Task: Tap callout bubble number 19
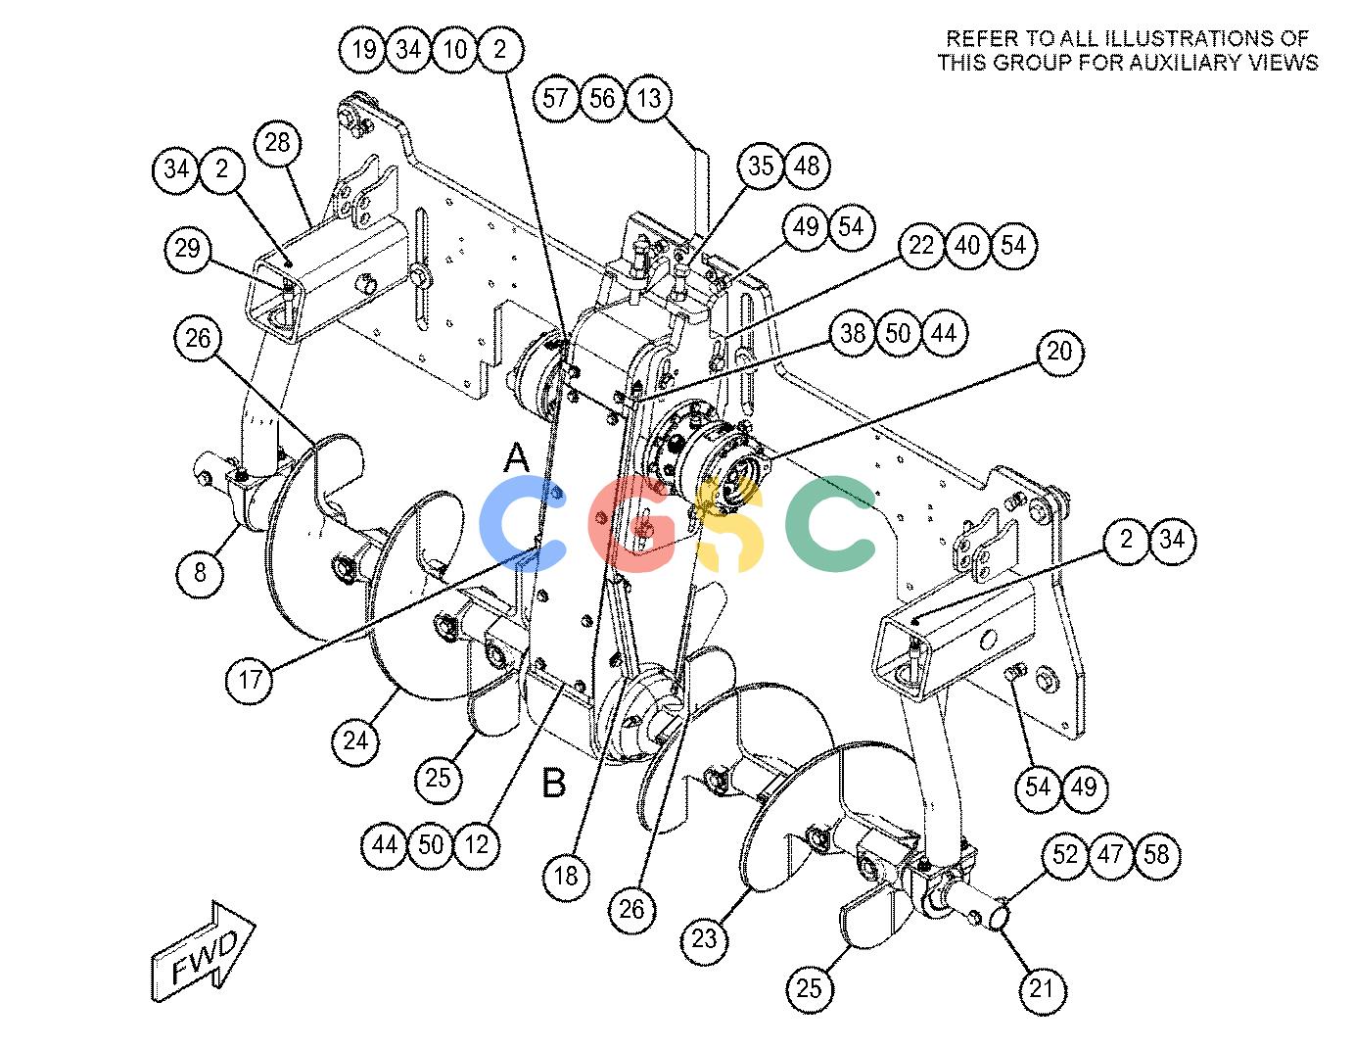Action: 363,49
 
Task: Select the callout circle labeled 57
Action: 556,98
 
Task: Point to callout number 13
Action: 649,98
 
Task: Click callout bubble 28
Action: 278,143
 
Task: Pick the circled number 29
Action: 187,249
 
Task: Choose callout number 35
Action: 761,166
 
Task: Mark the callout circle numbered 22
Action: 921,246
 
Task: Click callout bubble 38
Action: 853,333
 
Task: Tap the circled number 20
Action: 1059,352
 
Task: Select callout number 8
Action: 200,572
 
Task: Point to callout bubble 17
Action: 250,679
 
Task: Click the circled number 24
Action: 355,740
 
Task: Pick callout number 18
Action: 566,877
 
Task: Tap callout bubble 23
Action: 704,938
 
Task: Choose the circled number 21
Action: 1042,988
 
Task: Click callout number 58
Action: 1156,854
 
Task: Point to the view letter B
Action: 553,783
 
